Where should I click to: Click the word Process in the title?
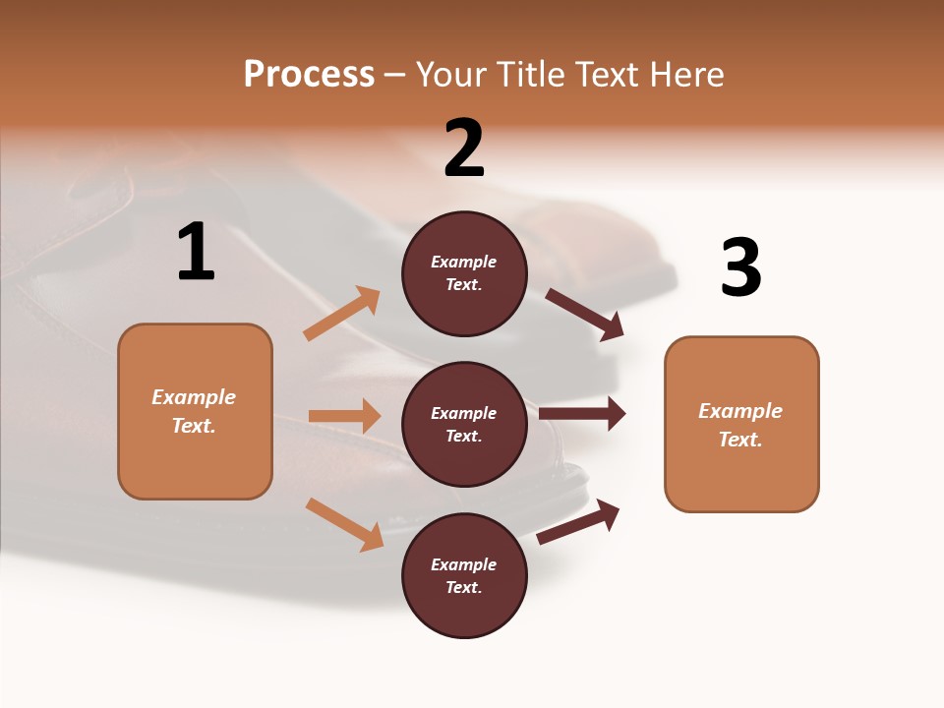(x=309, y=74)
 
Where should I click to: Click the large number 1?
(x=196, y=253)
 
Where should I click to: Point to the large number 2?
(x=464, y=148)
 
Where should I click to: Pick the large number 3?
(x=740, y=267)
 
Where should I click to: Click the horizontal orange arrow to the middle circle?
(x=344, y=416)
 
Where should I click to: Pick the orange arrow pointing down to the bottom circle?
(x=344, y=523)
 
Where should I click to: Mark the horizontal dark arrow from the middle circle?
(x=582, y=414)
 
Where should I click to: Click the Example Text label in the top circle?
(x=464, y=273)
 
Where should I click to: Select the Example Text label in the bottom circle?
(x=464, y=576)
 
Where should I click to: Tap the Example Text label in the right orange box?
(x=740, y=425)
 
